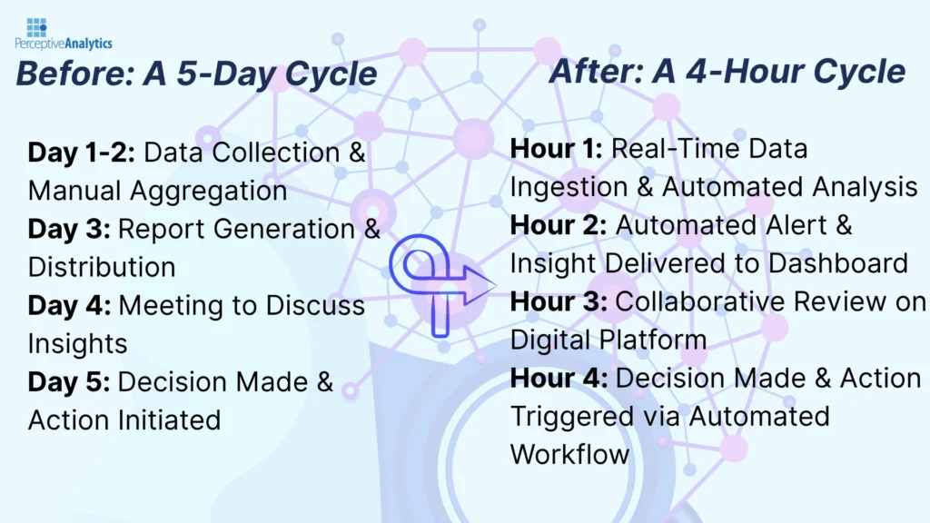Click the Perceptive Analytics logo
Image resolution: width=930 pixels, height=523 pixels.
point(63,34)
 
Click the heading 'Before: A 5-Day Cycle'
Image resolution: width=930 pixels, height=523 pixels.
point(195,74)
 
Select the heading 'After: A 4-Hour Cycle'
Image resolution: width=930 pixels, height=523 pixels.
point(727,71)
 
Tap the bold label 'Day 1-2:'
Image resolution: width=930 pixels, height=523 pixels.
point(82,153)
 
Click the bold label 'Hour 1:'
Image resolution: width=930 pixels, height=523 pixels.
point(556,149)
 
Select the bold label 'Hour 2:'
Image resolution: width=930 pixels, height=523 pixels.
point(559,225)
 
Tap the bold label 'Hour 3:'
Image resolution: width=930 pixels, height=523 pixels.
point(559,301)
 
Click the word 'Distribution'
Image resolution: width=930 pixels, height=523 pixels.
point(102,267)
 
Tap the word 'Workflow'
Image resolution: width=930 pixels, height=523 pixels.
point(570,454)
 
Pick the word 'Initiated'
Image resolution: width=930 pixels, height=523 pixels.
point(169,419)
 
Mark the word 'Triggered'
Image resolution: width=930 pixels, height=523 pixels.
point(571,416)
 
